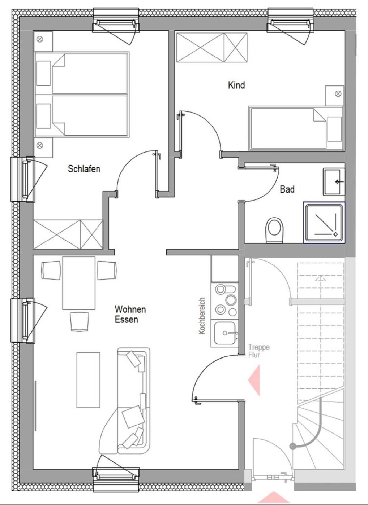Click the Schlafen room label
tap(84, 169)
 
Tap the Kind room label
tap(236, 85)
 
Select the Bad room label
tap(287, 189)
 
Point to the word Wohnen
tap(130, 309)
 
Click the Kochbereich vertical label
tap(202, 315)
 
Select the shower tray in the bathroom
tap(324, 222)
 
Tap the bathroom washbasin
tap(333, 181)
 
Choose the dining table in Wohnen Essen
tap(79, 283)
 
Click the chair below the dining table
tap(79, 321)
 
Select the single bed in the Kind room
tap(296, 128)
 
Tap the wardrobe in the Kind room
tap(212, 47)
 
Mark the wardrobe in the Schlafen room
tap(68, 234)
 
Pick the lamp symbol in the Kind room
tap(338, 93)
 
